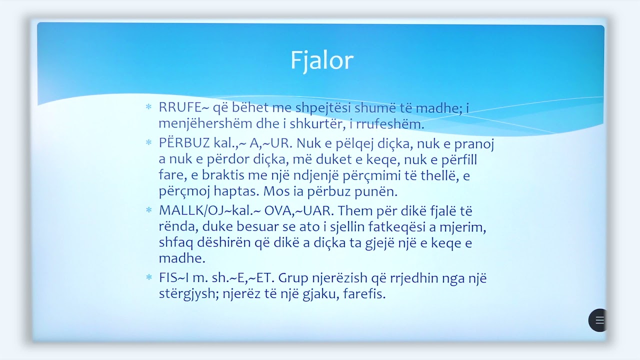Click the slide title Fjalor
pyautogui.click(x=321, y=60)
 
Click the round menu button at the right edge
pyautogui.click(x=598, y=320)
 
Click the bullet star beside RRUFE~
pyautogui.click(x=148, y=107)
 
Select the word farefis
pyautogui.click(x=364, y=294)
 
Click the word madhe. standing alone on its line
pyautogui.click(x=175, y=258)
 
